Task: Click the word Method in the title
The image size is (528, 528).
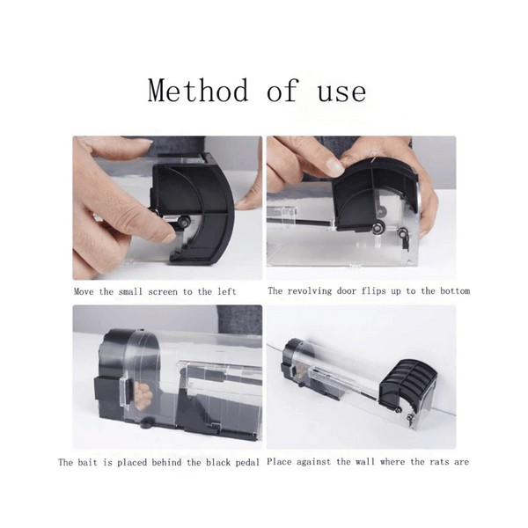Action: [x=198, y=90]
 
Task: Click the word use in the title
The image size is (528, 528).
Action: [x=341, y=93]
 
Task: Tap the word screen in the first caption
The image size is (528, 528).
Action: [x=163, y=291]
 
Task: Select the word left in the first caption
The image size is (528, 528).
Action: [x=227, y=291]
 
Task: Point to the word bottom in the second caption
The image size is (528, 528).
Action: [x=455, y=290]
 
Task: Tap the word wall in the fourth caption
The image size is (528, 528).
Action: [x=365, y=461]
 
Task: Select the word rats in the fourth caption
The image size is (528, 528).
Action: [x=439, y=461]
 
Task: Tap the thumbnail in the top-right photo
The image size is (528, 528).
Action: [x=334, y=166]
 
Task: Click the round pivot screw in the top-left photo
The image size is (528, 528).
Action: [x=185, y=221]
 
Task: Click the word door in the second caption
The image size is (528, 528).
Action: [x=347, y=291]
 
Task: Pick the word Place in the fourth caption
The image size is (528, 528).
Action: [x=279, y=462]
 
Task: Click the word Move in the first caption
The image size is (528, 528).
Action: [x=84, y=291]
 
